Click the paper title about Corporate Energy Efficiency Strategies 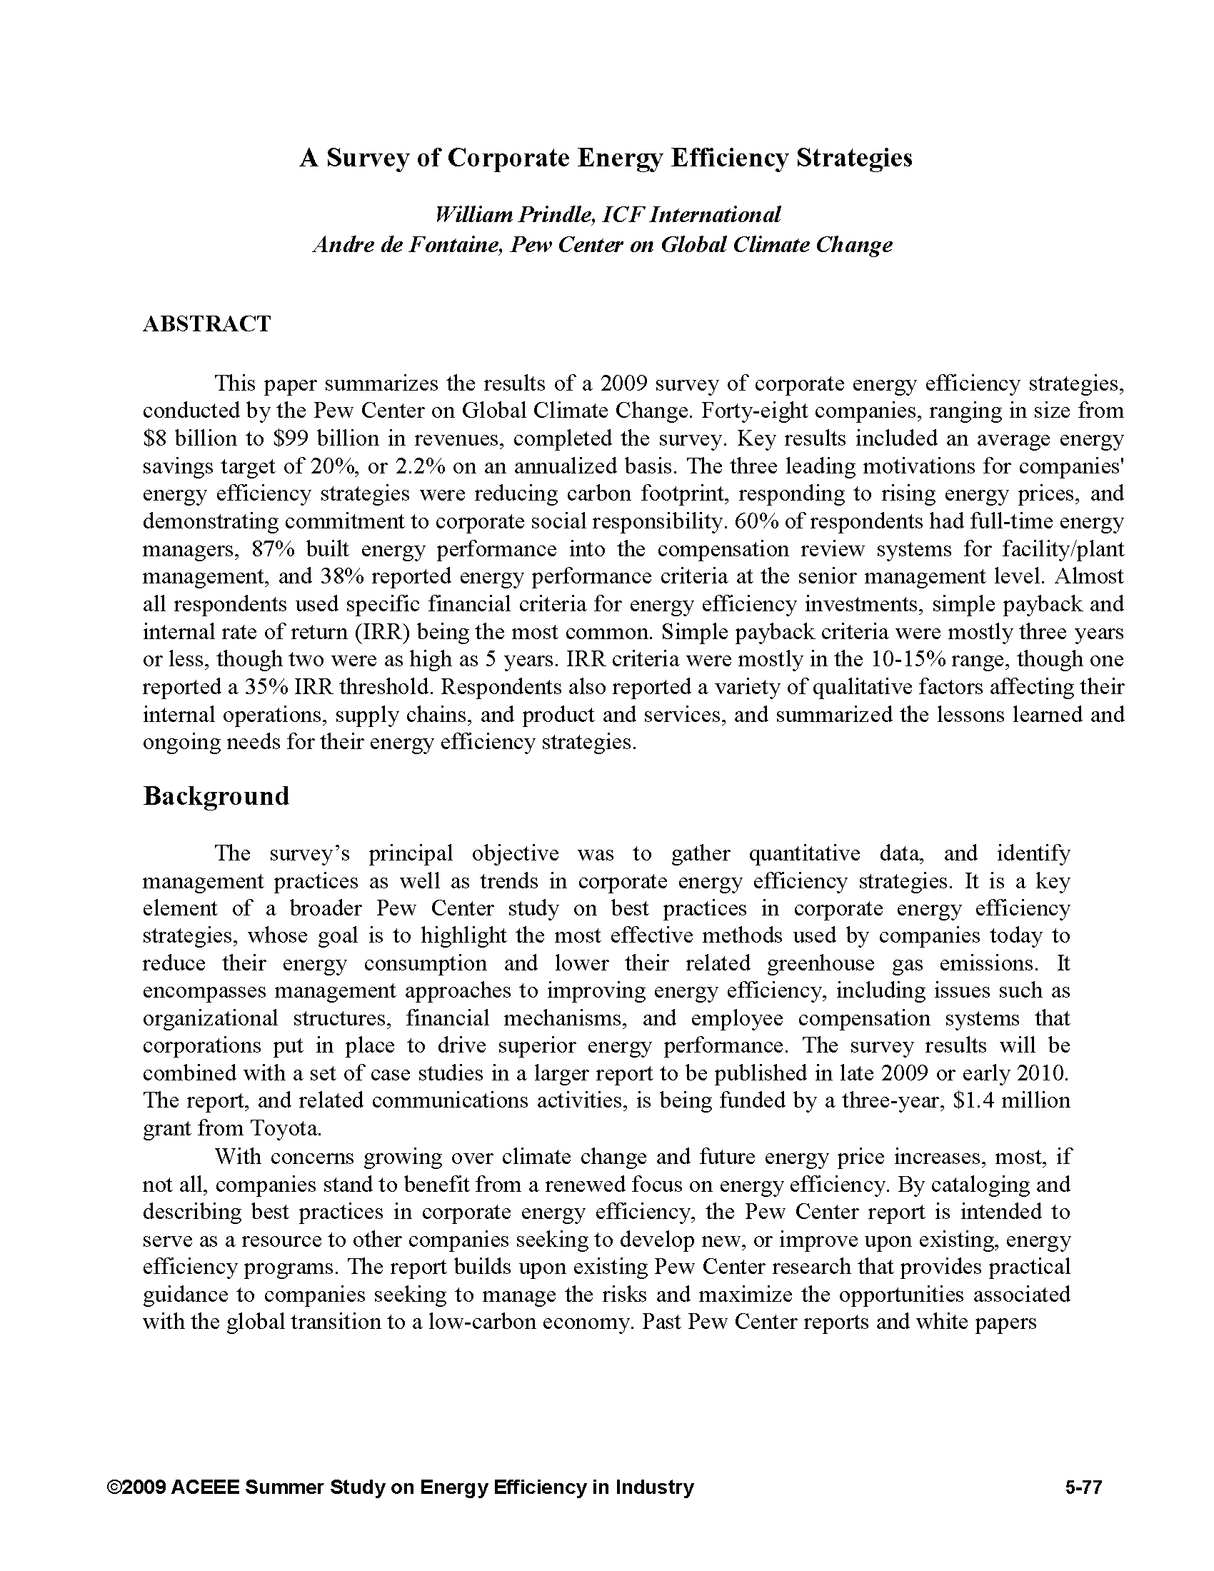tap(606, 159)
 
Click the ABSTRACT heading tap(206, 323)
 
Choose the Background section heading tap(216, 796)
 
